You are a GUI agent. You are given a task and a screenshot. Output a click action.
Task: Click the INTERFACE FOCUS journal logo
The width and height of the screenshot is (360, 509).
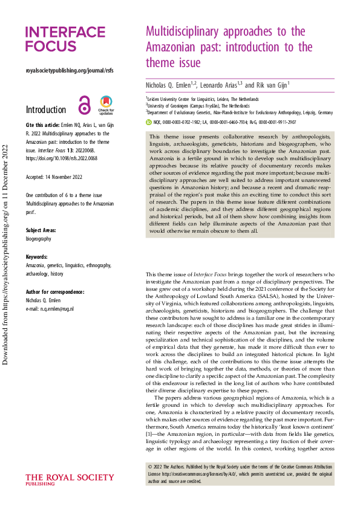[65, 39]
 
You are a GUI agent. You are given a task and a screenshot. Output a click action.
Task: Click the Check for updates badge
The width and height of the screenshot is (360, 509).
[106, 105]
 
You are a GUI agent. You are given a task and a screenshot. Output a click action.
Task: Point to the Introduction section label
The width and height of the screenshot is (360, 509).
[46, 110]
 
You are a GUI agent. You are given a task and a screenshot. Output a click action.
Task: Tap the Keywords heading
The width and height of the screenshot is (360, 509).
[37, 257]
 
